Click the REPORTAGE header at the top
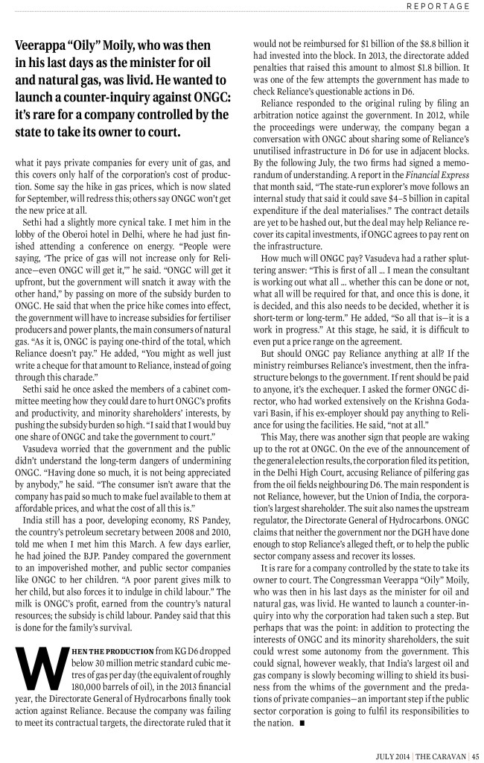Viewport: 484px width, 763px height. [x=438, y=7]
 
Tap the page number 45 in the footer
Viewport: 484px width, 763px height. [x=474, y=752]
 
